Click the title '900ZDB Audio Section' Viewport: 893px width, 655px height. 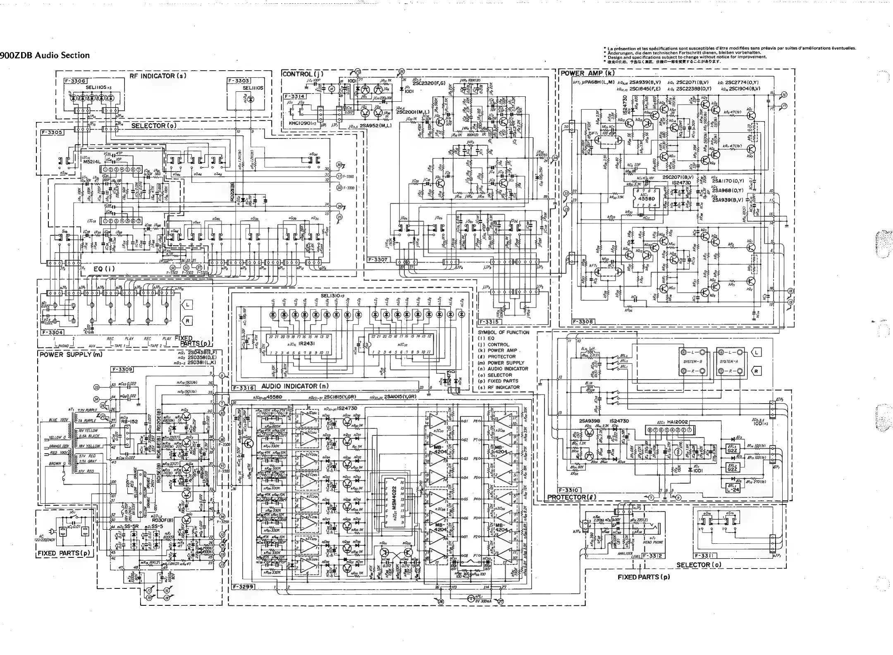coord(45,55)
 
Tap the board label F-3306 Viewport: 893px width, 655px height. coord(74,81)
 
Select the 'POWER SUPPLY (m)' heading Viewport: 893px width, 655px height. coord(70,354)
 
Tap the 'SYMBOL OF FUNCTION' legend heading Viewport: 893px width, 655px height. coord(504,332)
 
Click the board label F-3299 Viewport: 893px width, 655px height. coord(242,587)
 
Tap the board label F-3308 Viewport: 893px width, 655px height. coord(582,321)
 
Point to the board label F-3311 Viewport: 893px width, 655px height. coord(706,556)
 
